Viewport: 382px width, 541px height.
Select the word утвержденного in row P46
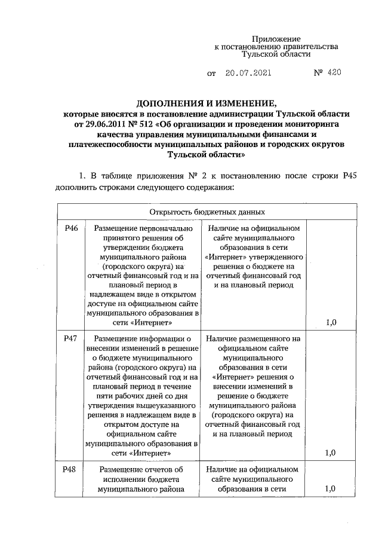(x=279, y=256)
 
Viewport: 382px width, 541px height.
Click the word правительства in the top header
(x=312, y=46)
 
